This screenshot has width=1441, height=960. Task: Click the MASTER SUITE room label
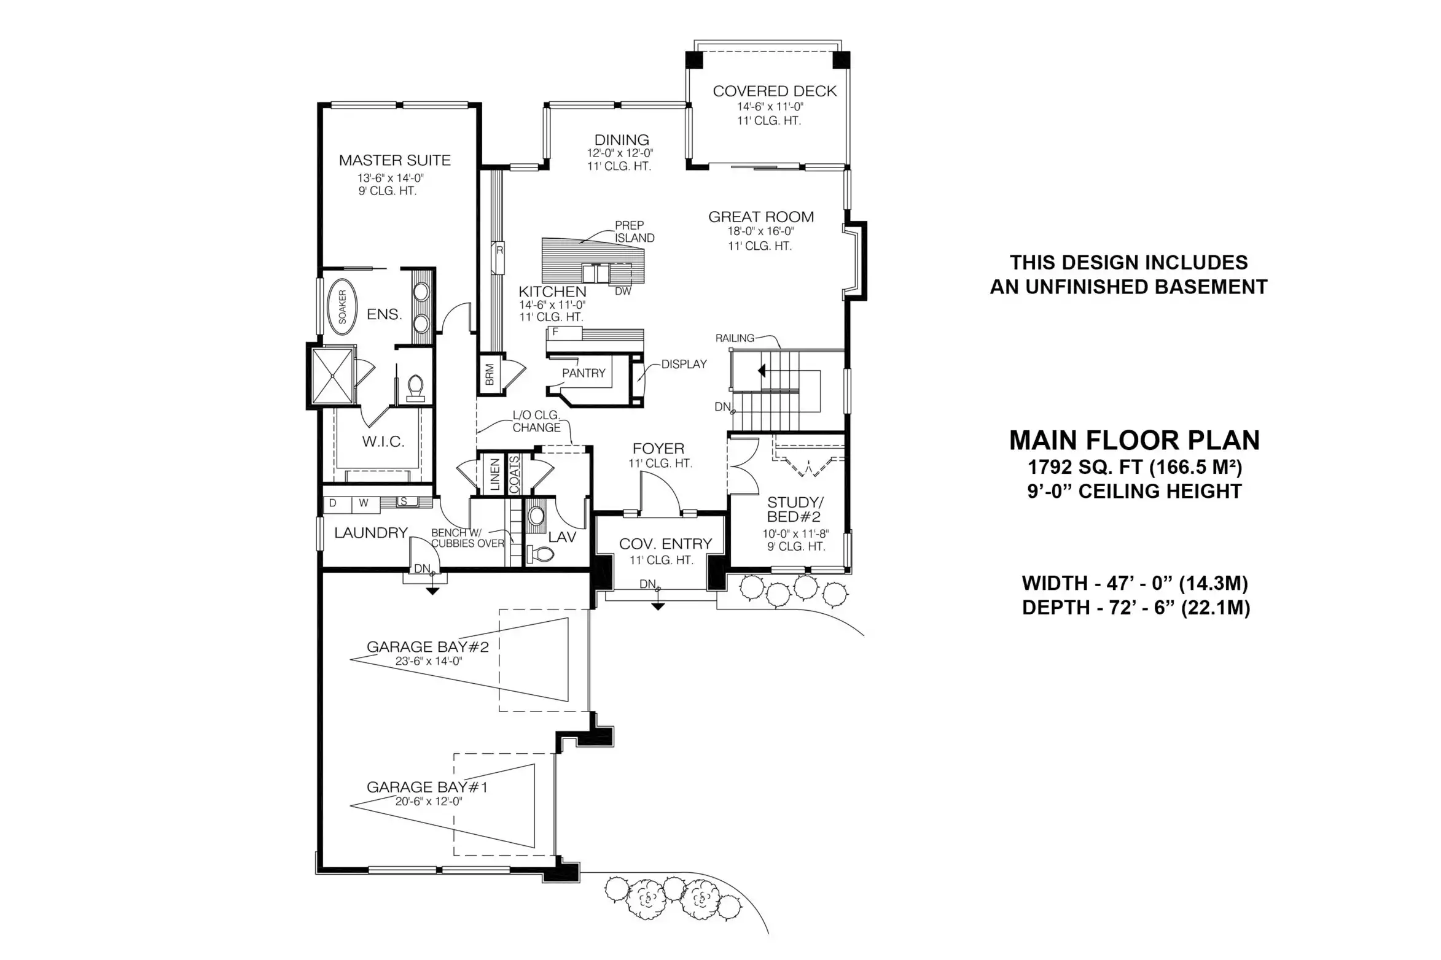pos(394,160)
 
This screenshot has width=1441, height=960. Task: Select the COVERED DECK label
pos(775,91)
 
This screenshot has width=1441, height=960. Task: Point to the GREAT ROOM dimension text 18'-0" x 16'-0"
pos(760,231)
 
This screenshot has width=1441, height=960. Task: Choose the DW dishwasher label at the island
pos(623,292)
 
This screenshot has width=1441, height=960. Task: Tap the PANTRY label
pos(584,373)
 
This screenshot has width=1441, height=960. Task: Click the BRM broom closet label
pos(490,375)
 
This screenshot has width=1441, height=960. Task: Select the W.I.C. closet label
pos(383,441)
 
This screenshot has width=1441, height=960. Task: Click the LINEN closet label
pos(494,475)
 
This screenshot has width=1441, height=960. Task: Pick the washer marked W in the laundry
pos(364,503)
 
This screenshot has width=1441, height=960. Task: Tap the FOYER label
pos(658,449)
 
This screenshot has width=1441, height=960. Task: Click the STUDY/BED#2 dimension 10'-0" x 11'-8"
pos(795,534)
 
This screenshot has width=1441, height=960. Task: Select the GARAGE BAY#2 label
pos(428,647)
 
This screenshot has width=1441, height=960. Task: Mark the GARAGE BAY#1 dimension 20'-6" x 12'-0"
pos(429,802)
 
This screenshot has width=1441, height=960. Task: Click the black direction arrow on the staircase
pos(762,371)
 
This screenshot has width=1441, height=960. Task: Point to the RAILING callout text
pos(735,338)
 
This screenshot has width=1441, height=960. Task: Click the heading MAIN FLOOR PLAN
pos(1134,440)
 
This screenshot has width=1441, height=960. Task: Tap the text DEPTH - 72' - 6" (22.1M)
pos(1136,608)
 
